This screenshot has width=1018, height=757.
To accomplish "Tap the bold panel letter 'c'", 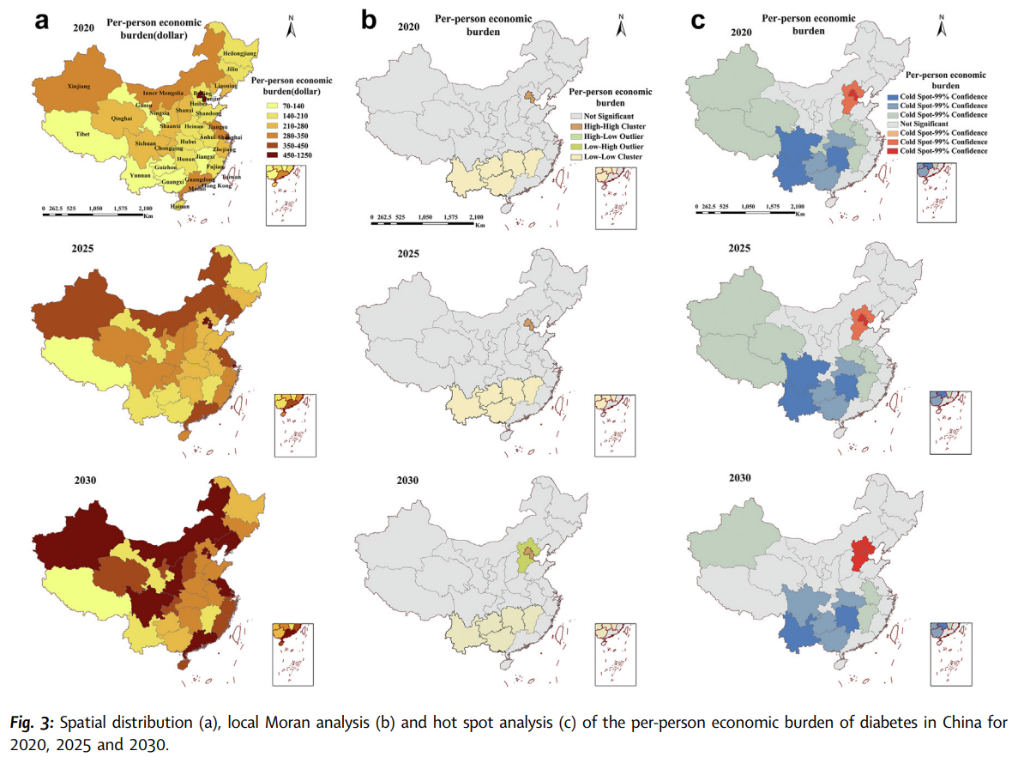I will tap(697, 21).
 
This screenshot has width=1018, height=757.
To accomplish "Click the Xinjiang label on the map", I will tap(79, 87).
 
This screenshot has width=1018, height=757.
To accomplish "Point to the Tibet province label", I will tap(83, 136).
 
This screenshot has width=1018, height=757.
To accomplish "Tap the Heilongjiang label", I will tap(239, 53).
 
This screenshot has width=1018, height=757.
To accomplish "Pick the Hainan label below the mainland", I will tap(180, 207).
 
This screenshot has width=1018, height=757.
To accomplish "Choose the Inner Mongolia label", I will tap(162, 93).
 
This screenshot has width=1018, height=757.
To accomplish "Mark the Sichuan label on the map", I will tap(146, 143).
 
